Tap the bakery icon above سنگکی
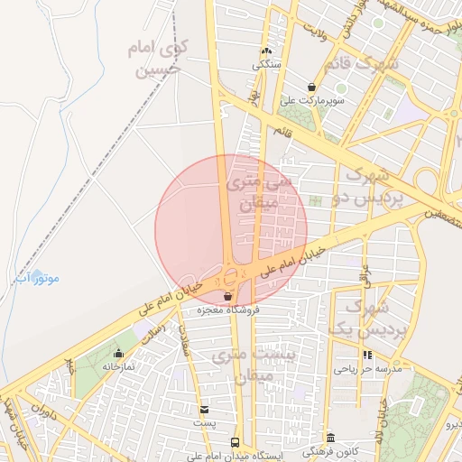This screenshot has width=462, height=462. pos(266,51)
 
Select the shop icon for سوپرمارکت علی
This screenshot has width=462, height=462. pos(311,88)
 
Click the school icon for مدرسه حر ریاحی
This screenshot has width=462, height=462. pos(366,356)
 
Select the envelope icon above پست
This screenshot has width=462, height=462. pos(204,410)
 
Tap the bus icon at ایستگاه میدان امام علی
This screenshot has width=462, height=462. pos(235,442)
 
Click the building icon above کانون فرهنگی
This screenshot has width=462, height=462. pos(330,438)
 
